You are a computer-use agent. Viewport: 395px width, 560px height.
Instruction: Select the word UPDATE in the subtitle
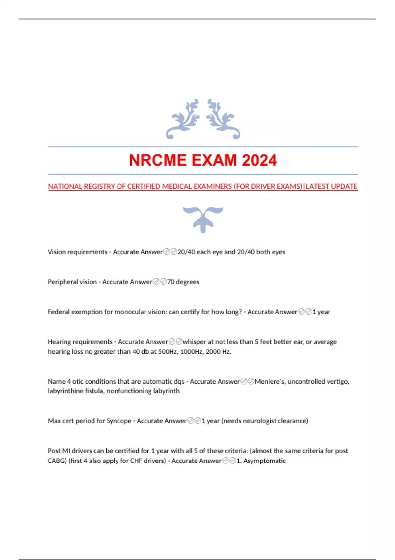click(x=344, y=187)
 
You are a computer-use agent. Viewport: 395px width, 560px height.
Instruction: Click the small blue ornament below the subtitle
click(x=203, y=219)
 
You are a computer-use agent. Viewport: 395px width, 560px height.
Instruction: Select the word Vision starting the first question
click(x=57, y=252)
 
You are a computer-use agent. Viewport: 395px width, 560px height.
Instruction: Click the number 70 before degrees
click(x=171, y=282)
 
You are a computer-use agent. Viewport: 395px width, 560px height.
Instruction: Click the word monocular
click(x=130, y=312)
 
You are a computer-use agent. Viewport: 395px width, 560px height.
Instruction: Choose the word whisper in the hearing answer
click(x=194, y=342)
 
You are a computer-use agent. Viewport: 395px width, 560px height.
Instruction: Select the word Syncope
click(x=119, y=421)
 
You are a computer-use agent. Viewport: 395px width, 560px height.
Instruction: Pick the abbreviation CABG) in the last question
click(x=57, y=461)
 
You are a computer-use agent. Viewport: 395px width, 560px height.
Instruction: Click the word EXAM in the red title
click(x=214, y=160)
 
